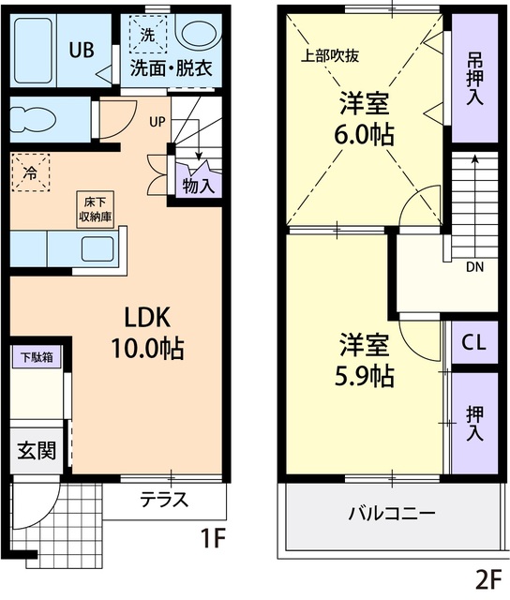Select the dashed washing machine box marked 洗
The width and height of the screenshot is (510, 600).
147,36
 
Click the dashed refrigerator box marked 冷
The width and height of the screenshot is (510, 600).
30,172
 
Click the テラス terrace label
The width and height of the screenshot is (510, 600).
164,499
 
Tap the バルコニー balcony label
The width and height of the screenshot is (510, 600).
391,515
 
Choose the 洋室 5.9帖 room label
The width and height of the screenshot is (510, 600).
365,360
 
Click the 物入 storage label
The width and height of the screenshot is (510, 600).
199,186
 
